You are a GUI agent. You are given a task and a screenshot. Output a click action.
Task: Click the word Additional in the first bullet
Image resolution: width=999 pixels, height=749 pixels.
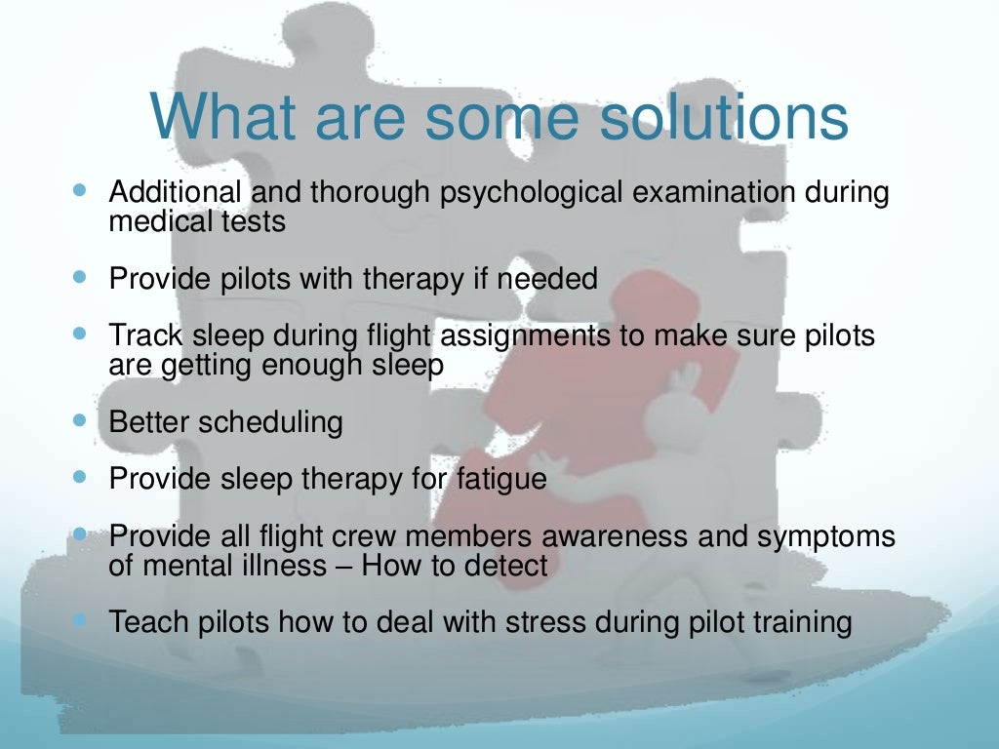click(176, 192)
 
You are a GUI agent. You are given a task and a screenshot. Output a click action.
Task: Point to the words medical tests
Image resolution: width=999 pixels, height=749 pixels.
click(197, 221)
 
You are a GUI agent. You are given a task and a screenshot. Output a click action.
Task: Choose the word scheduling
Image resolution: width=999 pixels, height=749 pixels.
click(271, 422)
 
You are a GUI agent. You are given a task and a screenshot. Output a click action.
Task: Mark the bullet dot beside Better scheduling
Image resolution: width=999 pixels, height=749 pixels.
click(79, 421)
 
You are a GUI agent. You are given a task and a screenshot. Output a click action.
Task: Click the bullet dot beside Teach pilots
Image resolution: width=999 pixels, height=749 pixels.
click(79, 620)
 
